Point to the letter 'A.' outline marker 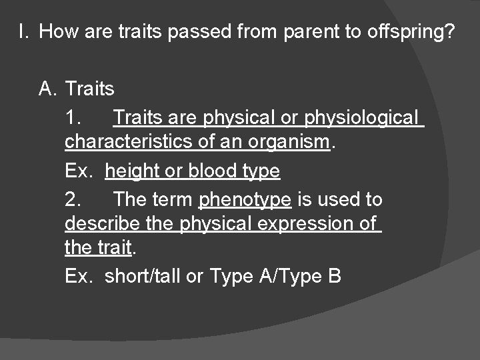(48, 89)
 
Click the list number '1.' (74, 117)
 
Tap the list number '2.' (74, 199)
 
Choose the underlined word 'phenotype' (245, 199)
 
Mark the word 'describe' (103, 223)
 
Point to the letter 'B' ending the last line (335, 276)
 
